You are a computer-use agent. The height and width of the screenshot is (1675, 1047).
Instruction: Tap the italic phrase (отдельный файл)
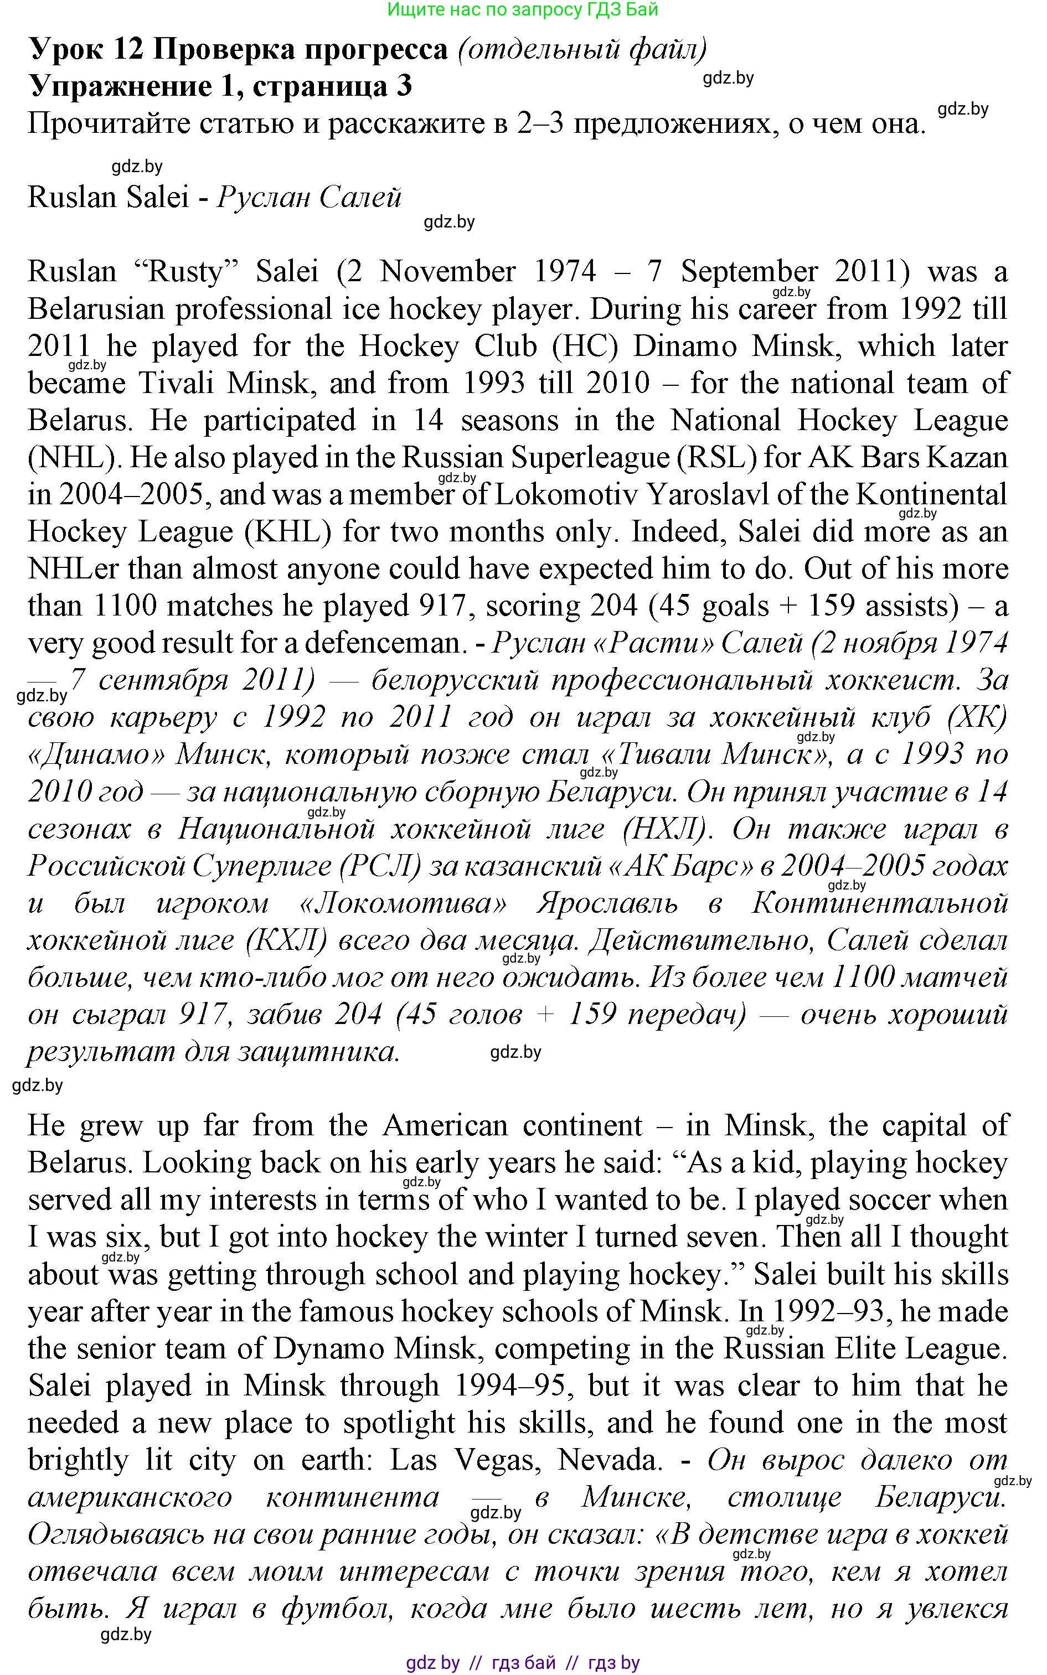[582, 49]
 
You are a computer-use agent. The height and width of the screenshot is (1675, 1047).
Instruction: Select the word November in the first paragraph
[447, 271]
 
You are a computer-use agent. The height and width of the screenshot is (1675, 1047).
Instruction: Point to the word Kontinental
[931, 494]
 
